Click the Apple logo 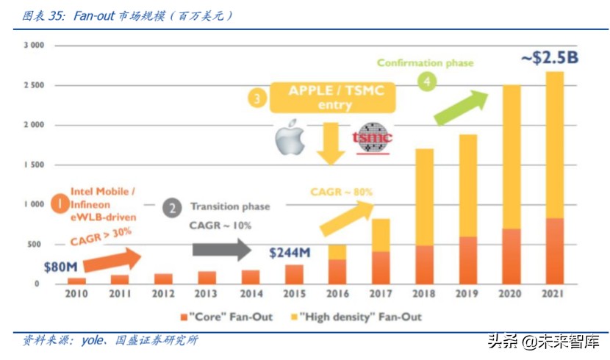[x=290, y=137]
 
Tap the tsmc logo [x=373, y=138]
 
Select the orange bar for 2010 [x=76, y=281]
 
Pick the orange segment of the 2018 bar [x=425, y=264]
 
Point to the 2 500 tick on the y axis [x=35, y=85]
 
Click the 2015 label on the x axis [x=294, y=294]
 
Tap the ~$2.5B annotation [x=550, y=57]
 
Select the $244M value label [x=290, y=253]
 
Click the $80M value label [x=61, y=267]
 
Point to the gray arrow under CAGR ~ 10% [x=222, y=250]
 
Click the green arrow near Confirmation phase [x=462, y=108]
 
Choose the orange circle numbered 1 [x=60, y=204]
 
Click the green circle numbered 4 [x=427, y=82]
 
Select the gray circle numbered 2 [x=172, y=208]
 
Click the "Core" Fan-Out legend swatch [x=184, y=317]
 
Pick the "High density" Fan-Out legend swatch [x=295, y=317]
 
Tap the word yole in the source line [x=93, y=341]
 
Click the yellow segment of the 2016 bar [x=337, y=252]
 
